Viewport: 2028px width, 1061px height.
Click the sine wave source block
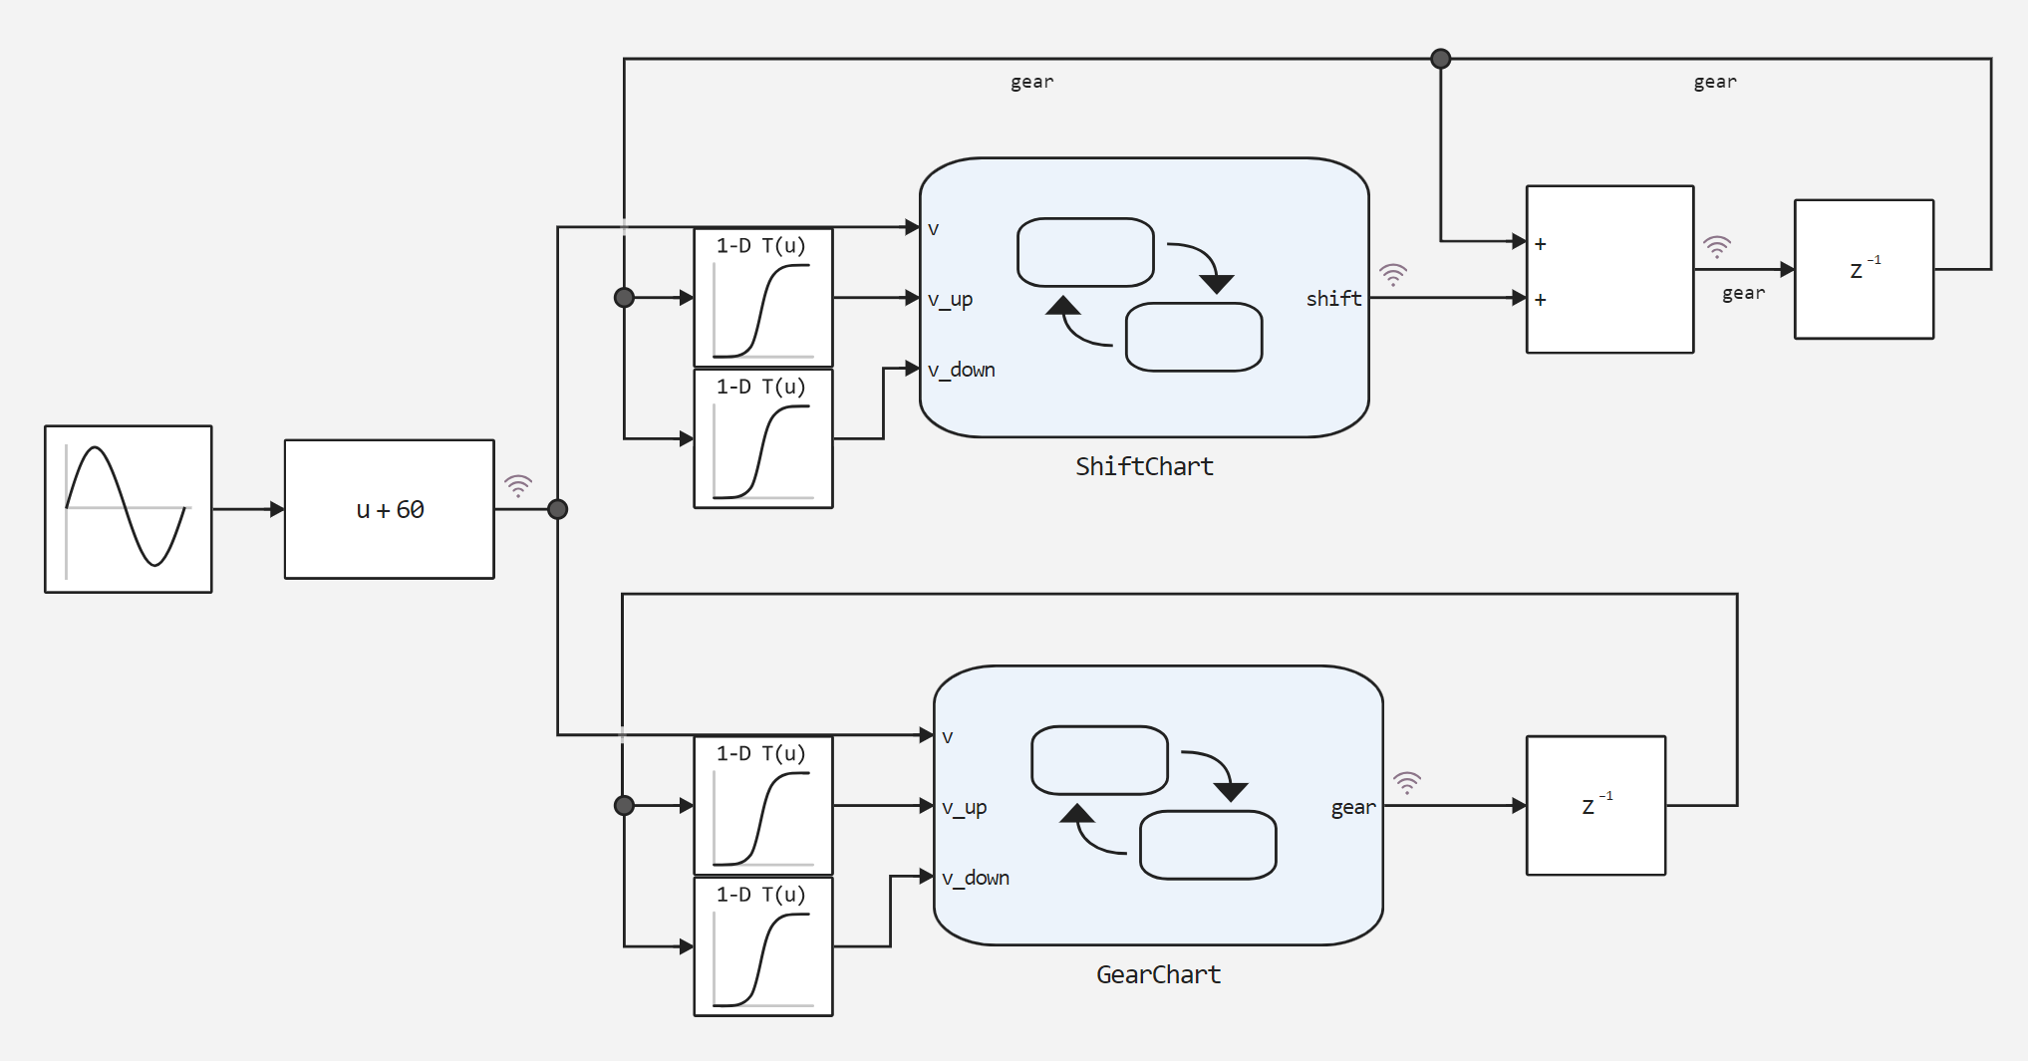coord(129,509)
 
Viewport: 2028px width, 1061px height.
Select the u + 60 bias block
coord(390,509)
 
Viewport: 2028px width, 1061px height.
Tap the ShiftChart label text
coord(1144,466)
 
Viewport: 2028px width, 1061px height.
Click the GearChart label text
coord(1158,974)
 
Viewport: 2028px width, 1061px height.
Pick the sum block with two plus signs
coord(1609,269)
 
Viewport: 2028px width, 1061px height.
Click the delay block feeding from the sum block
coord(1864,269)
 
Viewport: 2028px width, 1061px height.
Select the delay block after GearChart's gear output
coord(1595,805)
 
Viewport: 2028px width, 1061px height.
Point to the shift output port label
coord(1333,299)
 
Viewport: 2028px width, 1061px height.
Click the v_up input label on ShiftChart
coord(950,299)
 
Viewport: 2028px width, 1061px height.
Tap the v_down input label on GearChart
coord(976,878)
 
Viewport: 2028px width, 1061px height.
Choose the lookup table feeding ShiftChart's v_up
coord(763,298)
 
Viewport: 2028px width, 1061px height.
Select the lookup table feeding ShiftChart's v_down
coord(763,438)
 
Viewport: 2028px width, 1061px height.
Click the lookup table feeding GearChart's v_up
coord(763,805)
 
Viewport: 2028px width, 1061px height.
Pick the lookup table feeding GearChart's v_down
coord(763,946)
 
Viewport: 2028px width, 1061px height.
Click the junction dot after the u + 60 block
coord(558,509)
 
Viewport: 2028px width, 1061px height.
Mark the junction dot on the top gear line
coord(1440,59)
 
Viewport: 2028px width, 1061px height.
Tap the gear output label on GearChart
coord(1352,807)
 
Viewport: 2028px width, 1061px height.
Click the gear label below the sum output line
coord(1743,293)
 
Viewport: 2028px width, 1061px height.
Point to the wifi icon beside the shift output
coord(1392,273)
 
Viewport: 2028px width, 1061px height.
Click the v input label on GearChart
coord(948,737)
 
